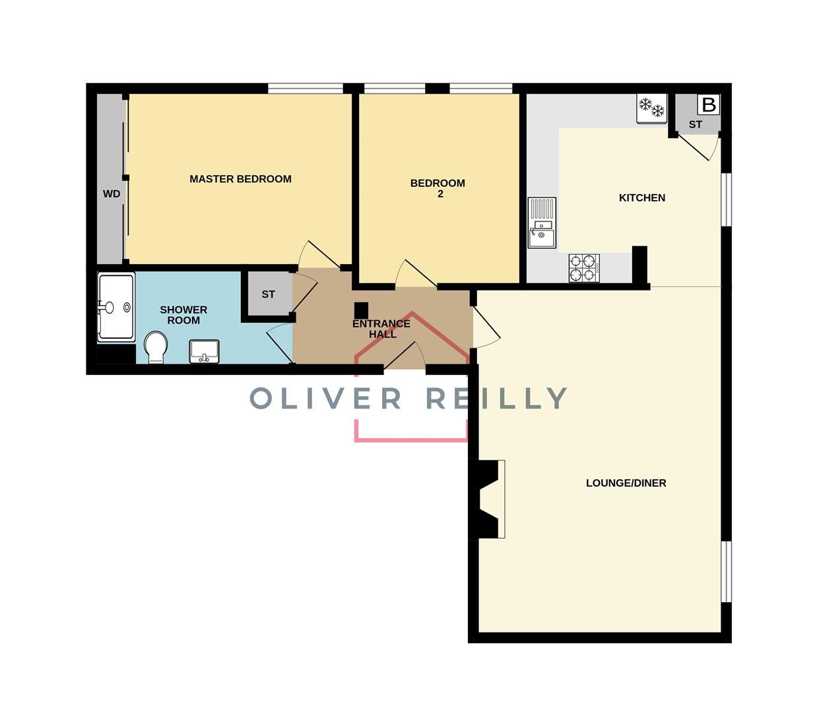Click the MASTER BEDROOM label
[240, 179]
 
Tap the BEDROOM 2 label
[438, 188]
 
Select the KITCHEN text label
[641, 197]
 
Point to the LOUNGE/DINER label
[626, 483]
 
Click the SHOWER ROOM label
[183, 315]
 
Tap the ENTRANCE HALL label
[381, 329]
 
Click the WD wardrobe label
[112, 193]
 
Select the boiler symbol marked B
[708, 105]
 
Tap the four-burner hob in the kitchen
[585, 268]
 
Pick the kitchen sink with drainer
[542, 223]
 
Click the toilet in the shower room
[156, 347]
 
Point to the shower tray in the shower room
[116, 306]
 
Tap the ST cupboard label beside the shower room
[268, 294]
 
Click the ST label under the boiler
[696, 124]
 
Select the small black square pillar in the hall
[361, 309]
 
